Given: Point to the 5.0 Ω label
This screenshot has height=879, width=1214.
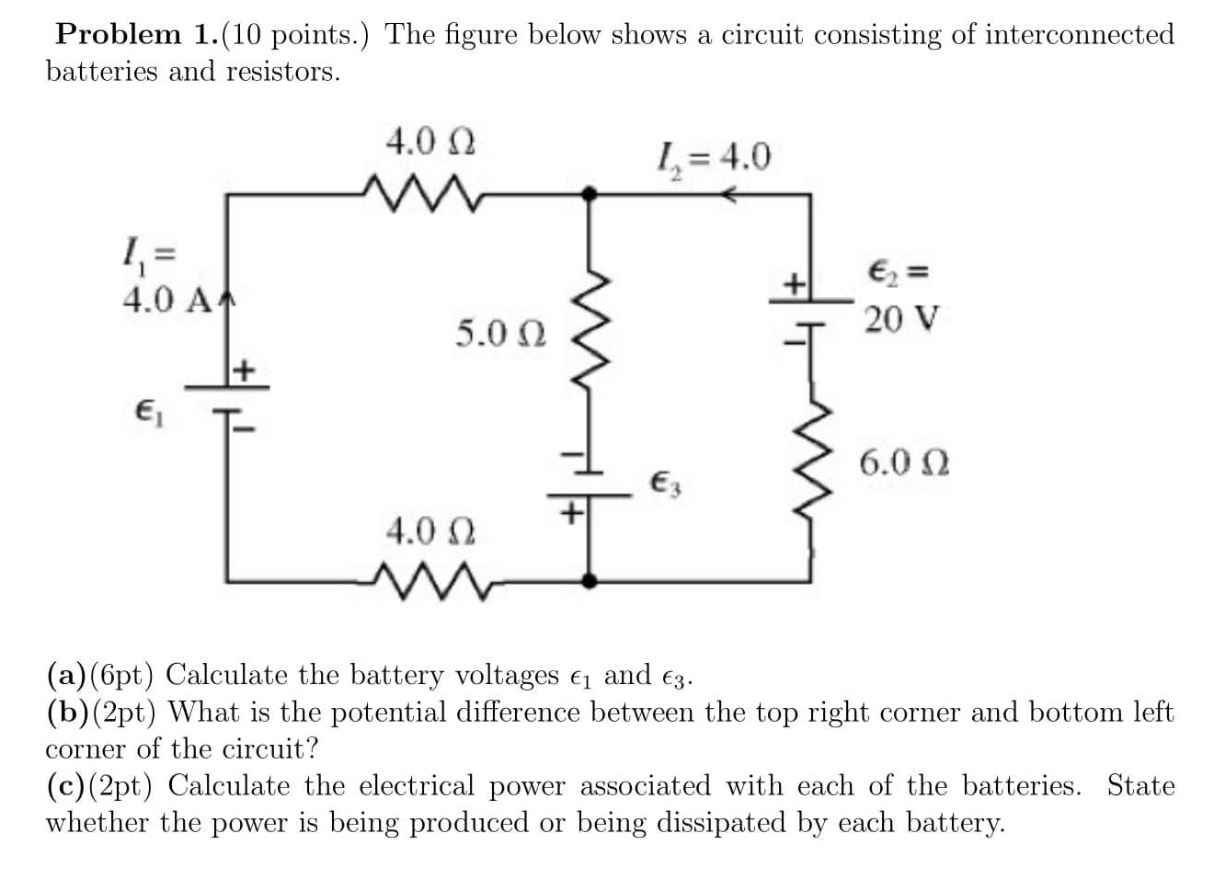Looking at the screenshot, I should point(500,333).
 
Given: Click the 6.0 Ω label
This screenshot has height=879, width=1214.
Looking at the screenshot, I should point(904,462).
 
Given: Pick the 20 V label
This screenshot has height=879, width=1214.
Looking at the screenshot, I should point(901,319).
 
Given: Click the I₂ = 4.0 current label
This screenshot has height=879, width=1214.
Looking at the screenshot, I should point(713,157).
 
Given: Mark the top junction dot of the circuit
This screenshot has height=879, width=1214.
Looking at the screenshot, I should point(590,194).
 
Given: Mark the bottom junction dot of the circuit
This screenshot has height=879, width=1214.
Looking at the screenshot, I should point(590,580).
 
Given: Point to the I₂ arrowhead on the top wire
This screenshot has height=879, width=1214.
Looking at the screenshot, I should point(729,194).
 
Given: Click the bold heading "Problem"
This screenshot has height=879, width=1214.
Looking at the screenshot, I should point(119,34).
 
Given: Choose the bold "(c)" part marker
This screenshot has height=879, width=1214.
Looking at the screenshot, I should point(66,786).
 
